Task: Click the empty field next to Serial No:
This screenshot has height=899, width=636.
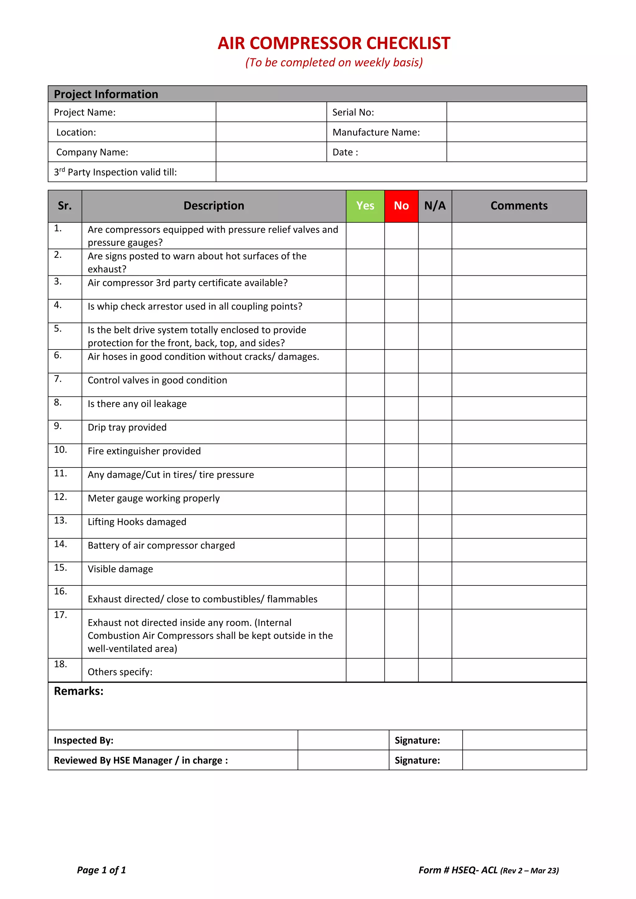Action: click(x=516, y=112)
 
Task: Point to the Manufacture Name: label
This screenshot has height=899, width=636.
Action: click(x=376, y=132)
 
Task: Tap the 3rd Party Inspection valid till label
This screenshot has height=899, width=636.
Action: click(x=115, y=172)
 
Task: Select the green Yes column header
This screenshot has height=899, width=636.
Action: click(x=365, y=206)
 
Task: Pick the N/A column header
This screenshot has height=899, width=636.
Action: click(x=435, y=206)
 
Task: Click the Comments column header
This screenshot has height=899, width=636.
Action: click(x=519, y=206)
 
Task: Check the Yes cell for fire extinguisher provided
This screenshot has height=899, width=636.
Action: click(x=365, y=455)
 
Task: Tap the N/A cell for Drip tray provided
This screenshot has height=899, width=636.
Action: click(x=435, y=431)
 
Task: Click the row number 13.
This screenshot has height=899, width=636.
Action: click(x=60, y=520)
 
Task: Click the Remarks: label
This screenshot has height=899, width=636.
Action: click(x=79, y=691)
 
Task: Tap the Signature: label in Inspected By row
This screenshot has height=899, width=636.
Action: click(x=417, y=740)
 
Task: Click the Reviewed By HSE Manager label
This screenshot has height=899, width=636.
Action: click(x=141, y=760)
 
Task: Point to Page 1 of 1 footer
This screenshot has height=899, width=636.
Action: click(x=102, y=870)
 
